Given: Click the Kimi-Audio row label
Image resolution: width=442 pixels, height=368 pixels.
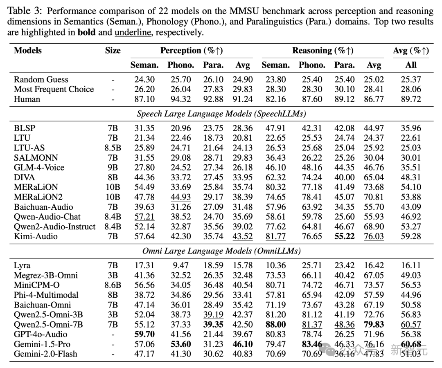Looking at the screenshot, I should (x=36, y=236).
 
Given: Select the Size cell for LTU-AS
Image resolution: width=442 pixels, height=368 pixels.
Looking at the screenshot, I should (x=113, y=148).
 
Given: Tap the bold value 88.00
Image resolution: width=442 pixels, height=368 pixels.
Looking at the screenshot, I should (x=275, y=325).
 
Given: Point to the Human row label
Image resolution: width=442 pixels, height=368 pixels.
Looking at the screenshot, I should (x=27, y=99).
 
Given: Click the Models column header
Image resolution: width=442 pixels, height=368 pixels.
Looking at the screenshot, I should (x=28, y=51).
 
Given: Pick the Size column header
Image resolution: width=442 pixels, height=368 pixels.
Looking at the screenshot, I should (x=113, y=51).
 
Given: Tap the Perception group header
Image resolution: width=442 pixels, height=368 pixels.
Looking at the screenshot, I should (x=191, y=51).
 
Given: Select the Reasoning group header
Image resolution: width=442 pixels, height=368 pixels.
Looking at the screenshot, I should (x=322, y=51).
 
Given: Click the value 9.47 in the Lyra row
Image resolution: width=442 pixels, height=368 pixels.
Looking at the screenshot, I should (x=180, y=266).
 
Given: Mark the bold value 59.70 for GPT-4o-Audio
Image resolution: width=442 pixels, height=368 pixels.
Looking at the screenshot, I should (x=144, y=334).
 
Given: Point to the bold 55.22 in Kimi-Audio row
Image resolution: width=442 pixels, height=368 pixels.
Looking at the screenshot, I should (x=344, y=236).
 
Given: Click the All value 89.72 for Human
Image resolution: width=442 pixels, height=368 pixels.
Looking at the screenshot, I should (x=410, y=99).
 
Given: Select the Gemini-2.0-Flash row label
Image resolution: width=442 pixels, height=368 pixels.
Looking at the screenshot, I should (x=45, y=354).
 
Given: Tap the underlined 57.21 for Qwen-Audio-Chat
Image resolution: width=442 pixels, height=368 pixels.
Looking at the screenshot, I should (x=144, y=217).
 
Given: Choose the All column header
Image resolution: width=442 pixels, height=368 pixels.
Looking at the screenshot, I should (x=410, y=65).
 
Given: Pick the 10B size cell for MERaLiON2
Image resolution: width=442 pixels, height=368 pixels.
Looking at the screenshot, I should (x=113, y=197).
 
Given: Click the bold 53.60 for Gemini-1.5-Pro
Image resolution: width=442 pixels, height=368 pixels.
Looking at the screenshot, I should (x=180, y=344).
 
